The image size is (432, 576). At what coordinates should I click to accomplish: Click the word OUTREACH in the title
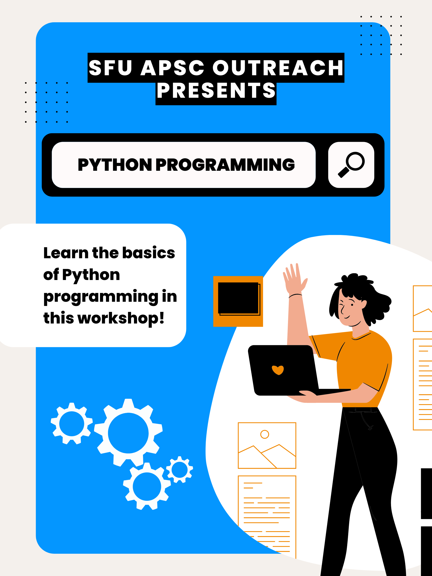(x=278, y=68)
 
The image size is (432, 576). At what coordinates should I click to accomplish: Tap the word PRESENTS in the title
(x=216, y=90)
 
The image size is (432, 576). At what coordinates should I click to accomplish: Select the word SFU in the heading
(x=110, y=68)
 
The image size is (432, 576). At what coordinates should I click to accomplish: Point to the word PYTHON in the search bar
(x=114, y=164)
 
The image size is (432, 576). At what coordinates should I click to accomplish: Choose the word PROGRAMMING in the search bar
(x=225, y=164)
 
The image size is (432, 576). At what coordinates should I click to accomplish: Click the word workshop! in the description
(x=121, y=318)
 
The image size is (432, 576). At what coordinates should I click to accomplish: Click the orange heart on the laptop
(x=277, y=370)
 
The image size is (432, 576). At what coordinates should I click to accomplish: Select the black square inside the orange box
(x=238, y=298)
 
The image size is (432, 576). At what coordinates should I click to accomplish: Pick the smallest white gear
(x=179, y=469)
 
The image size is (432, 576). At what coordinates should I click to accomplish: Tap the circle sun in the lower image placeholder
(x=264, y=434)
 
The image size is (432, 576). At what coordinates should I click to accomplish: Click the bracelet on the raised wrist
(x=295, y=295)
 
